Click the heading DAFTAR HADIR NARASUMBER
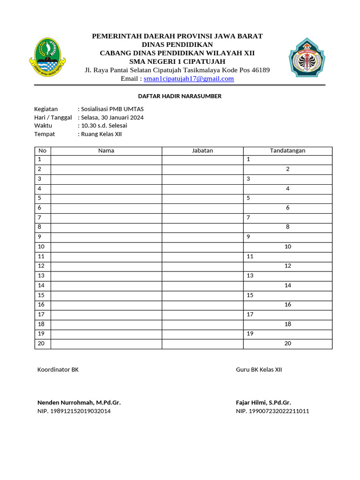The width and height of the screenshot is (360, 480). pyautogui.click(x=180, y=96)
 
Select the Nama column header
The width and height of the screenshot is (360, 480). pyautogui.click(x=106, y=150)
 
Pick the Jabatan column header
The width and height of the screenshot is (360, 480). pyautogui.click(x=202, y=150)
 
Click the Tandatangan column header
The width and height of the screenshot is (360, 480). pyautogui.click(x=287, y=150)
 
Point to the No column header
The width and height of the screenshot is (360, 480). pyautogui.click(x=43, y=150)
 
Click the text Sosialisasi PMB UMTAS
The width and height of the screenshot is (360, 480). pyautogui.click(x=112, y=109)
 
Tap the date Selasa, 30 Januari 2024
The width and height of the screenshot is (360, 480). pyautogui.click(x=112, y=117)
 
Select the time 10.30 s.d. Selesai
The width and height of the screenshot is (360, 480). pyautogui.click(x=104, y=126)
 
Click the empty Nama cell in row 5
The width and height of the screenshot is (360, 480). pyautogui.click(x=106, y=198)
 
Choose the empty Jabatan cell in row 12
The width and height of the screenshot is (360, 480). pyautogui.click(x=202, y=266)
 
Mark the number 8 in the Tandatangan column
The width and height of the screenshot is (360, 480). pyautogui.click(x=287, y=227)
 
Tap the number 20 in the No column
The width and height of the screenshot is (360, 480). pyautogui.click(x=41, y=343)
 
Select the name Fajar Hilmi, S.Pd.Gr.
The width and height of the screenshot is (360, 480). pyautogui.click(x=263, y=403)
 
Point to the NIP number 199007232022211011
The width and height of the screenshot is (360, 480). pyautogui.click(x=272, y=411)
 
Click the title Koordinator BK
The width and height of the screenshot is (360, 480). pyautogui.click(x=58, y=369)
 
